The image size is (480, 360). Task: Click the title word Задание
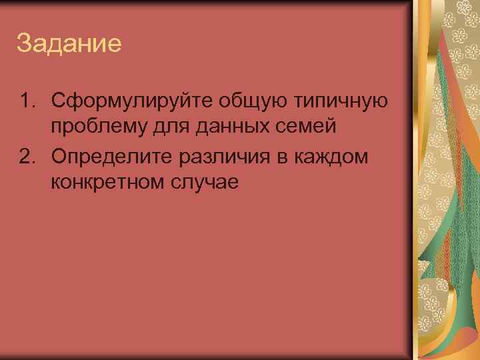(x=69, y=44)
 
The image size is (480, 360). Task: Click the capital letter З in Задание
(x=24, y=44)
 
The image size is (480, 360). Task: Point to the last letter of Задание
(x=115, y=45)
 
